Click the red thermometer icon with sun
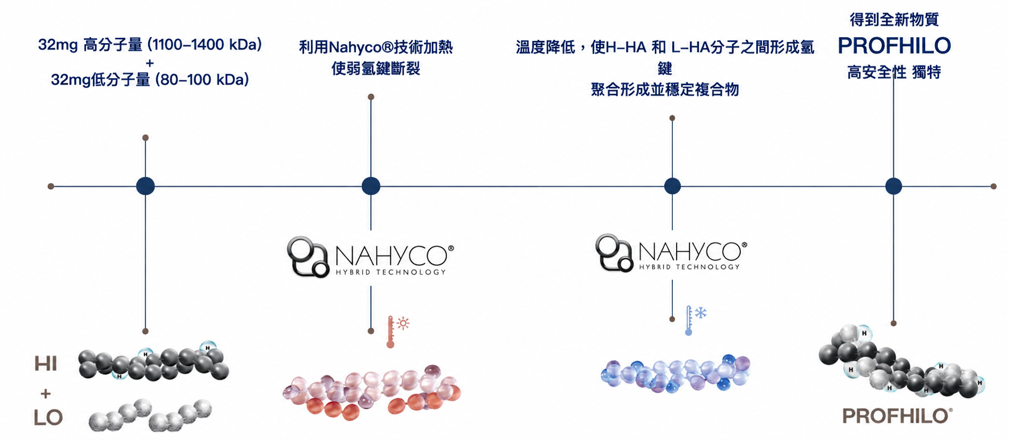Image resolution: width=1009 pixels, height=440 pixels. (398, 332)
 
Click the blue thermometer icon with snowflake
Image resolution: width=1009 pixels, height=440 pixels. (695, 320)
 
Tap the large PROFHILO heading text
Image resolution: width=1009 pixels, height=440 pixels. (894, 46)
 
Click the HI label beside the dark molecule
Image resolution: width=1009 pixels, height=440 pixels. (45, 363)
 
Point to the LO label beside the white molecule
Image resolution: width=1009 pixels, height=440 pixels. (48, 418)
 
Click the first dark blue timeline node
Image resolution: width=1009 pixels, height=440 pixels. (146, 186)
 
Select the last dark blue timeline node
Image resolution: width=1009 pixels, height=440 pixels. (894, 186)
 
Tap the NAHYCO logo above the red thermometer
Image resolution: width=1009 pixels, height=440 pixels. (371, 257)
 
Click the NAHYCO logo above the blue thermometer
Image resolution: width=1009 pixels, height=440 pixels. (671, 253)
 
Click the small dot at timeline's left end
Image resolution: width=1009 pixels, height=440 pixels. (51, 187)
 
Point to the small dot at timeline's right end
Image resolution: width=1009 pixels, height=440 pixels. (994, 187)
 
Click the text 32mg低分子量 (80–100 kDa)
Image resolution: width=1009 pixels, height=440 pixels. (150, 80)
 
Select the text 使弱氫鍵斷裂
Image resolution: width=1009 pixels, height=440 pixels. (376, 69)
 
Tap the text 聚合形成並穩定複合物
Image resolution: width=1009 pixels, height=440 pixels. (665, 89)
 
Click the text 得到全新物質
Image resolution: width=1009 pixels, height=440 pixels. (894, 20)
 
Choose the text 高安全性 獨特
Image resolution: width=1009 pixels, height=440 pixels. (894, 72)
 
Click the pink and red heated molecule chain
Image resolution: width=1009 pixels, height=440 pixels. (372, 392)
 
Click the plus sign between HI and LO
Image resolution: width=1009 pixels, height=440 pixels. (46, 393)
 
